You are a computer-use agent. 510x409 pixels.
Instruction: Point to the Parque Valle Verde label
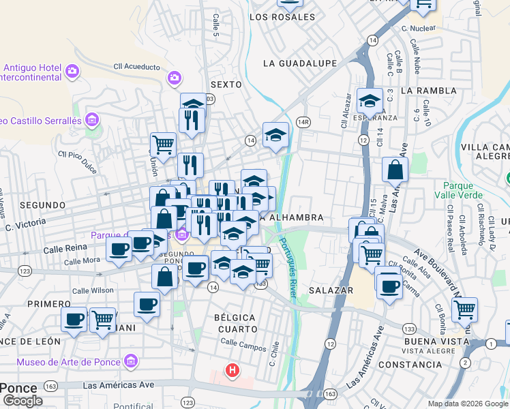463,190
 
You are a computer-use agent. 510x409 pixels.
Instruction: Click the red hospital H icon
232,372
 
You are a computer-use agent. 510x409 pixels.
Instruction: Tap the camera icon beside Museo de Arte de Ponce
132,362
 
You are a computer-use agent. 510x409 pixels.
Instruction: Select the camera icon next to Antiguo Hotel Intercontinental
72,70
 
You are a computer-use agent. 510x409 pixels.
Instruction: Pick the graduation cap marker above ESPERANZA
370,102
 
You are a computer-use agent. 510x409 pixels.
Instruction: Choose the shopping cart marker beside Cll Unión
163,144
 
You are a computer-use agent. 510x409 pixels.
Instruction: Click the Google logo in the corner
22,401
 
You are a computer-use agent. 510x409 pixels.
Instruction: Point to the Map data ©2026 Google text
468,404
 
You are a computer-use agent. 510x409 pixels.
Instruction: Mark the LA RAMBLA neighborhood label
428,90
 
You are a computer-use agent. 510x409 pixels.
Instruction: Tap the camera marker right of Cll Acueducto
174,78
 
